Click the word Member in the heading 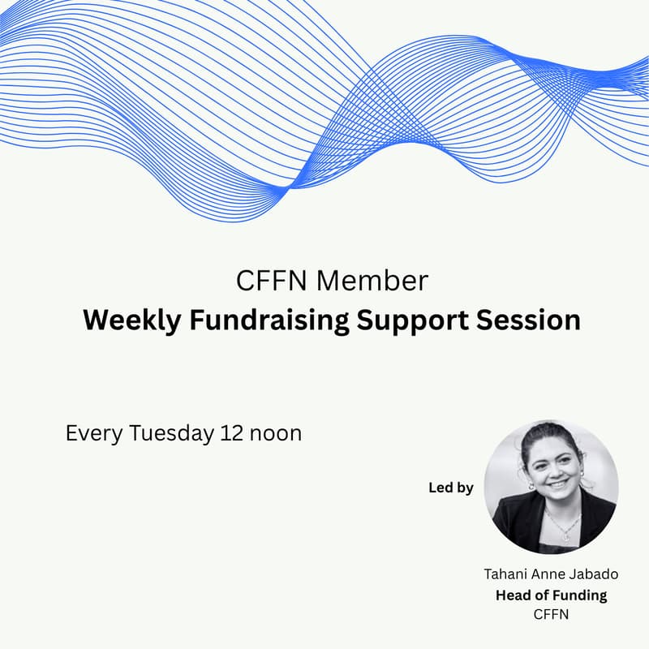[x=372, y=281]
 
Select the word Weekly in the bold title [x=131, y=320]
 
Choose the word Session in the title [x=534, y=320]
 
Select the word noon [x=275, y=433]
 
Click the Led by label [x=450, y=488]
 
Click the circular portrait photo [x=551, y=487]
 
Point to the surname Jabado [x=595, y=574]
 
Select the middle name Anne [x=548, y=574]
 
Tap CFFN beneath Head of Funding [x=551, y=614]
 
